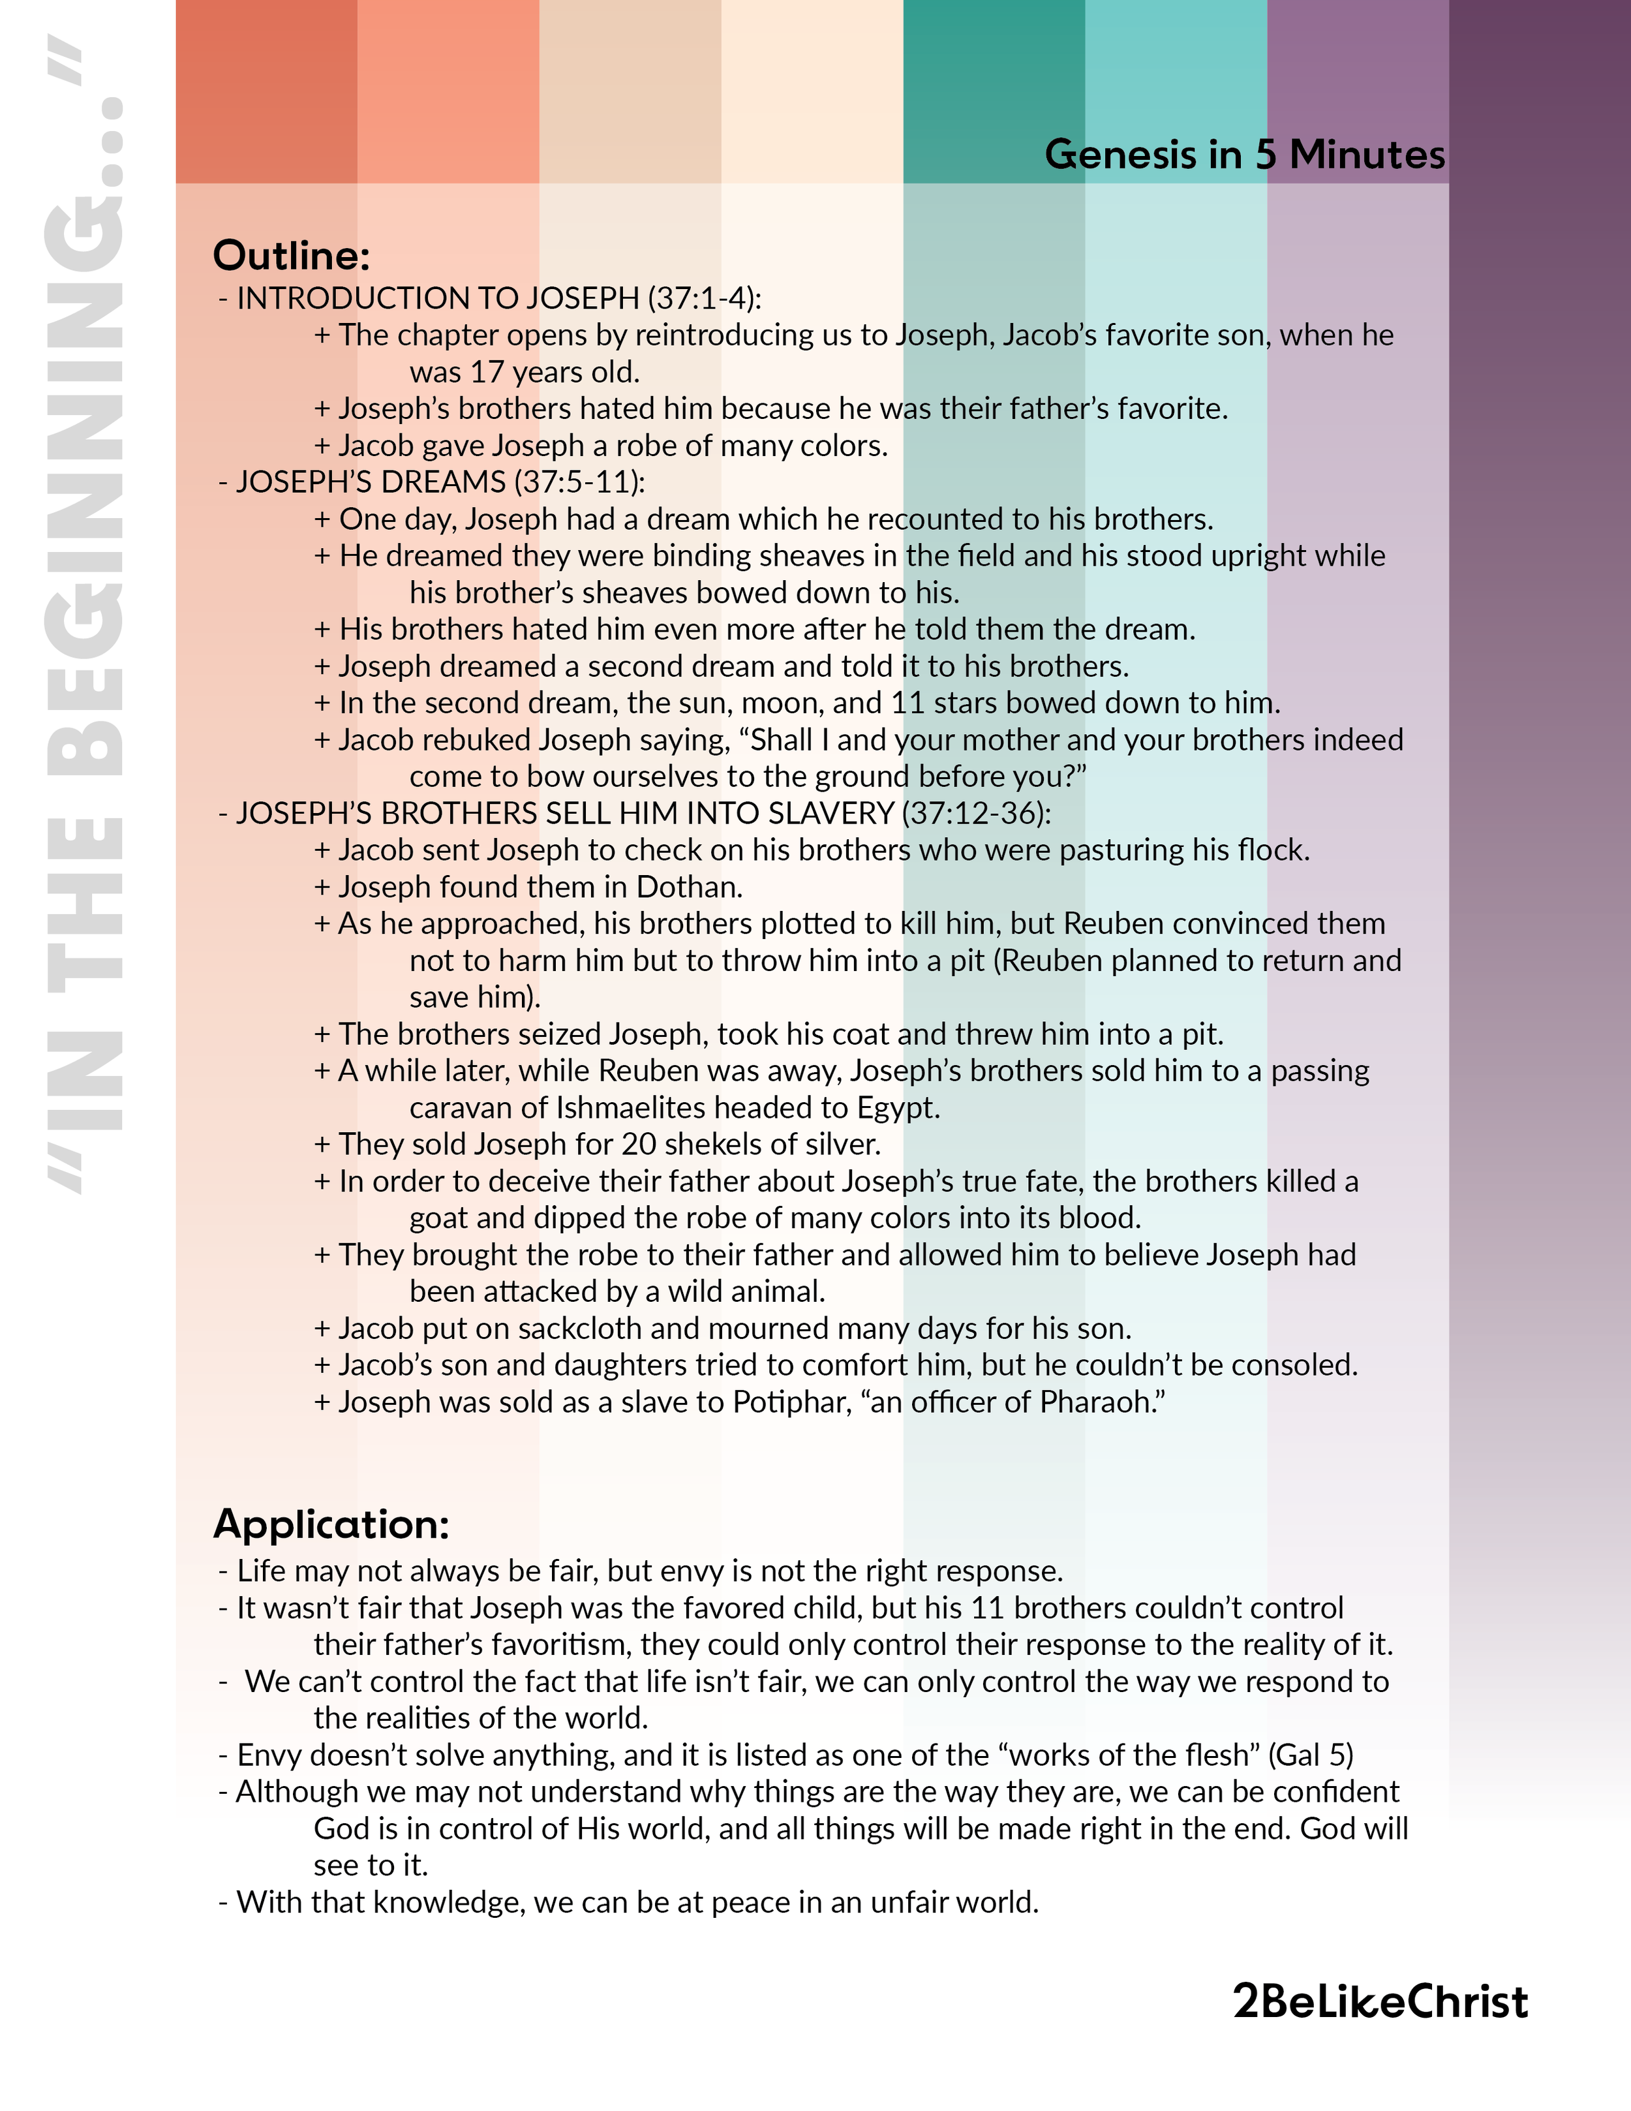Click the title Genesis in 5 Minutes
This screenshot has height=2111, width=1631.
point(1245,155)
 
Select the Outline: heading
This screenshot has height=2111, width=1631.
point(292,256)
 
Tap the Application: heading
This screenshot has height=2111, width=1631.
point(331,1524)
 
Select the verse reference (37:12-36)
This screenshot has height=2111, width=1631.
point(976,813)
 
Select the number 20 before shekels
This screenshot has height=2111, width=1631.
point(639,1145)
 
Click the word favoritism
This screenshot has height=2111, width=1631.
point(561,1644)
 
